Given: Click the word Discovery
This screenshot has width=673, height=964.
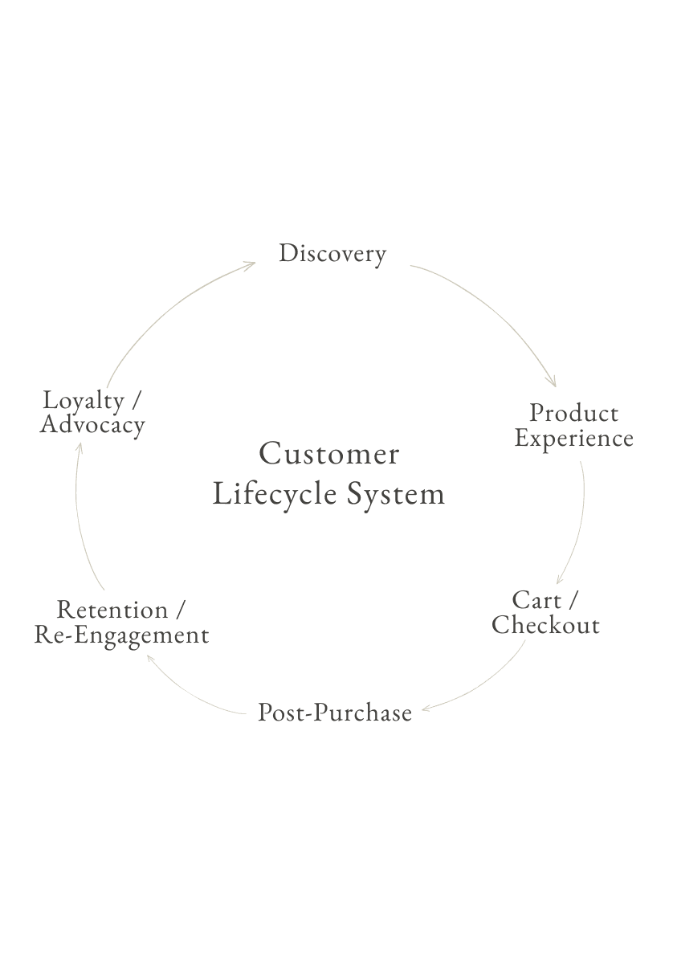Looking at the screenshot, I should pyautogui.click(x=332, y=254).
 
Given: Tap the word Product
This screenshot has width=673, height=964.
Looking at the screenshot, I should pyautogui.click(x=573, y=414).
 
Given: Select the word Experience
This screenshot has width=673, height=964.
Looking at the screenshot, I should pyautogui.click(x=573, y=439).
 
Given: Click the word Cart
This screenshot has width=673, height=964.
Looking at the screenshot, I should pyautogui.click(x=536, y=600).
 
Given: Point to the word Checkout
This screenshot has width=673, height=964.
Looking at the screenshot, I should pyautogui.click(x=546, y=626).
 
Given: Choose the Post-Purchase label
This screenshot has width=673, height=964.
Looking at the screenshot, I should pyautogui.click(x=334, y=713).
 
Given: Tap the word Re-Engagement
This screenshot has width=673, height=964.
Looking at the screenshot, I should pyautogui.click(x=121, y=635).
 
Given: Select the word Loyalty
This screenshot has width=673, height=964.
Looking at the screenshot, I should pyautogui.click(x=83, y=400).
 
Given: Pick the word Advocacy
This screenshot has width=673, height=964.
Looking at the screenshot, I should pyautogui.click(x=92, y=425).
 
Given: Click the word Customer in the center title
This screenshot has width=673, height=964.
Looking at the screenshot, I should pyautogui.click(x=329, y=454).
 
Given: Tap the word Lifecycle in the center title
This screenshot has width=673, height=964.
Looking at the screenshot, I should pyautogui.click(x=274, y=493).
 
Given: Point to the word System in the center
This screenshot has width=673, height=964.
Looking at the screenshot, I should pyautogui.click(x=396, y=493).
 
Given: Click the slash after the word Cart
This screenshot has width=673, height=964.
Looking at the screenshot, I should pyautogui.click(x=573, y=601).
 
